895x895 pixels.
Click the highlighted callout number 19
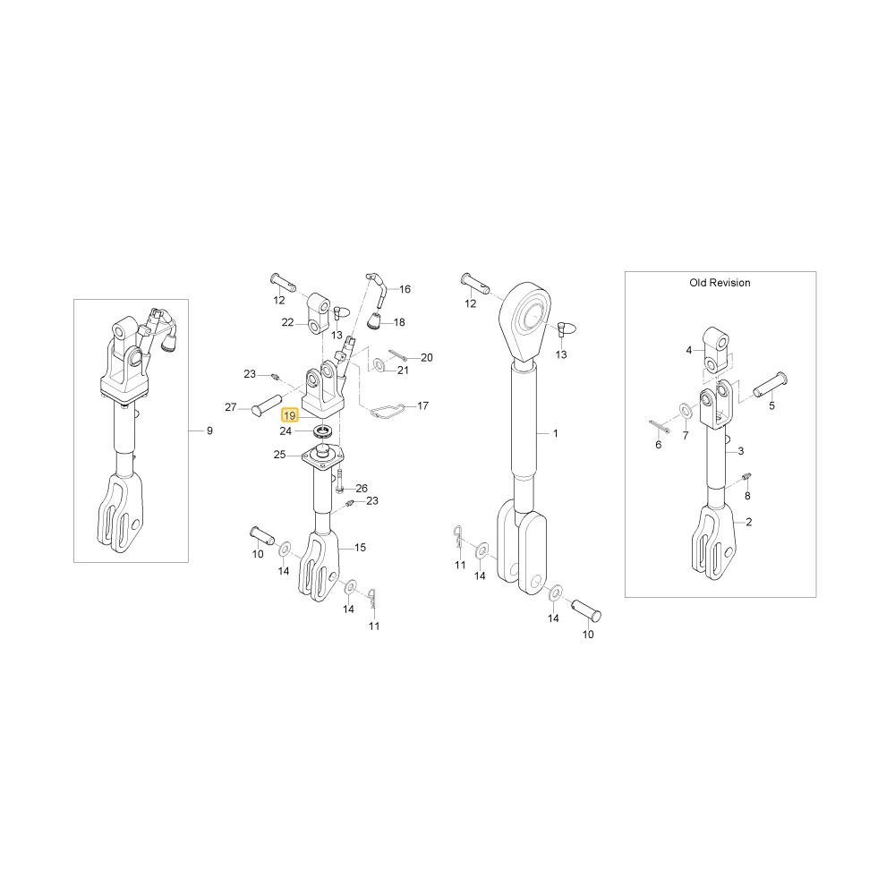(290, 416)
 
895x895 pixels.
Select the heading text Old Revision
(720, 283)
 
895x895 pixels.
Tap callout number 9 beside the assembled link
(209, 431)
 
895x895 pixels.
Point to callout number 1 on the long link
(556, 434)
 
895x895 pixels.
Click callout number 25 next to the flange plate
(279, 455)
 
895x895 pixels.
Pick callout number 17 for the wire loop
(423, 405)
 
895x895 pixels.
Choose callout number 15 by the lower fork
(360, 548)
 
